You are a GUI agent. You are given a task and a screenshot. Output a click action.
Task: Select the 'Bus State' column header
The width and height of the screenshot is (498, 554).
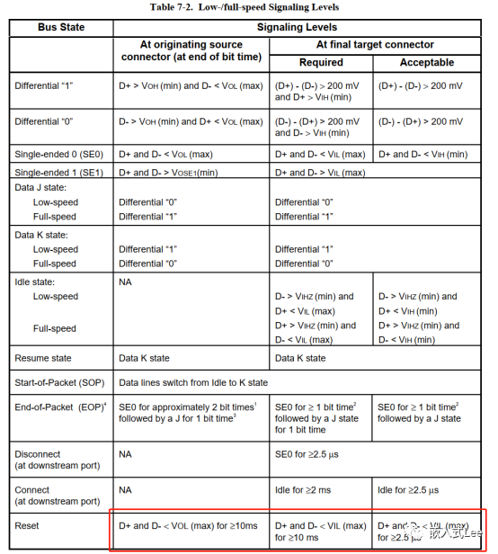point(61,28)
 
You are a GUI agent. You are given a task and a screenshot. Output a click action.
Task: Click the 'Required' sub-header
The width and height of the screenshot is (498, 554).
point(320,62)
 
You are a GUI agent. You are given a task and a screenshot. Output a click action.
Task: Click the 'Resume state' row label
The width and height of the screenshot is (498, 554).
point(44,358)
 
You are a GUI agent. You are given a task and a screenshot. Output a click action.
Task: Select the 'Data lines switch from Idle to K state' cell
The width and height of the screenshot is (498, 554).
point(193,382)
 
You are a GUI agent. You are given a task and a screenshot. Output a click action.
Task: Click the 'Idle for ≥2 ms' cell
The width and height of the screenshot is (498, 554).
point(304,490)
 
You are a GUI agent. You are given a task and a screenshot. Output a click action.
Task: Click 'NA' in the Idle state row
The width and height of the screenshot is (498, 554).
point(126,281)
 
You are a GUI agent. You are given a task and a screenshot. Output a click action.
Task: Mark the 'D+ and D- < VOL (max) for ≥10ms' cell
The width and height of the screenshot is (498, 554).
point(188,525)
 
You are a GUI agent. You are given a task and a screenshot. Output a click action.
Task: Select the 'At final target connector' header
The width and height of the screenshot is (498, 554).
point(375,44)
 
